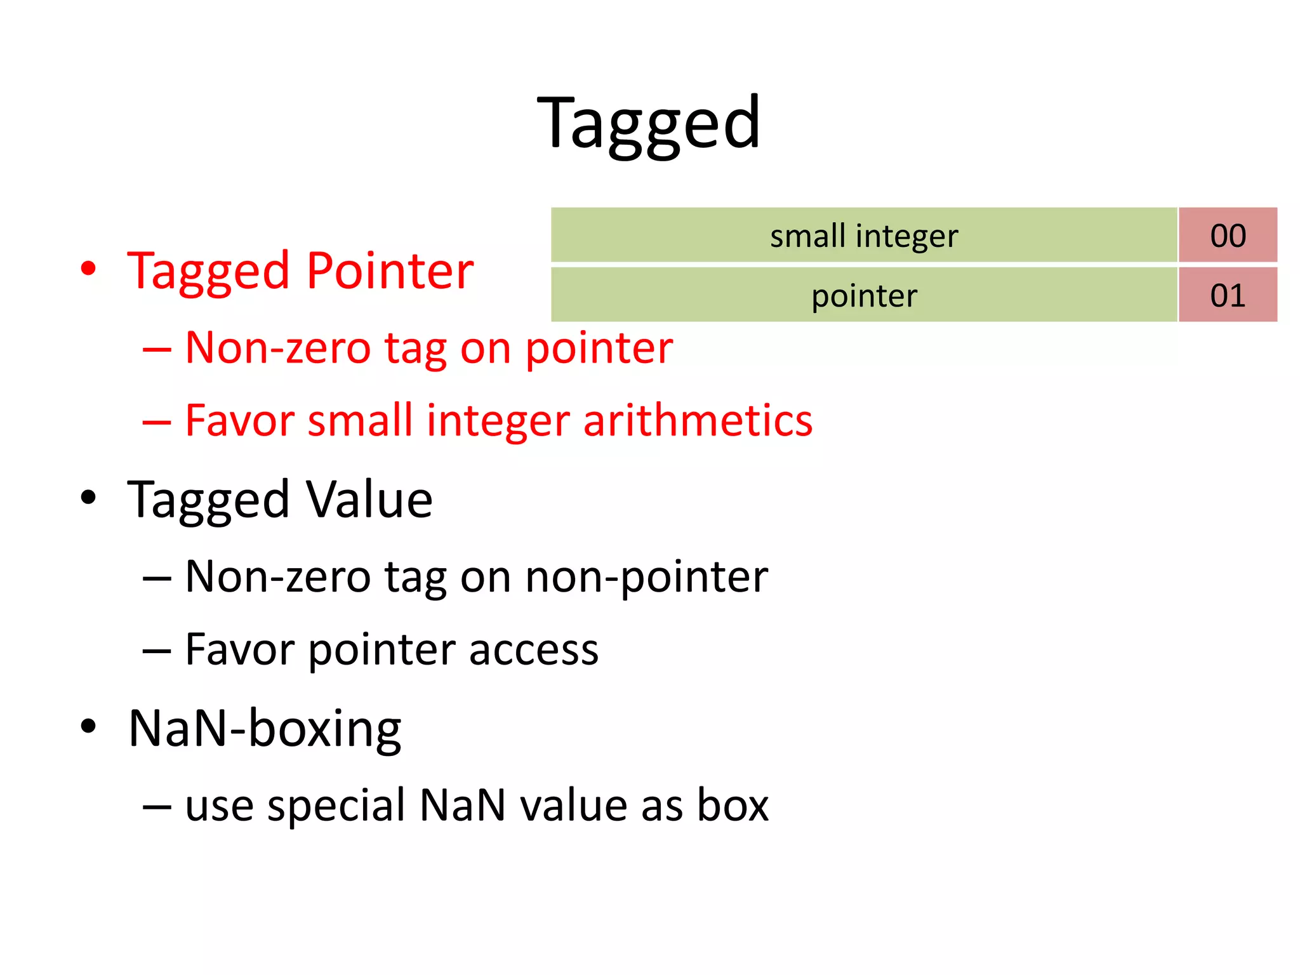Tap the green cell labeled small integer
tap(863, 235)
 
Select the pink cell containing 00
tap(1228, 235)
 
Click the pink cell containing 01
tap(1228, 295)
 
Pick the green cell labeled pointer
tap(863, 295)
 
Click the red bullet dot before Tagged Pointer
tap(88, 269)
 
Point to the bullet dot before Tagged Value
tap(88, 498)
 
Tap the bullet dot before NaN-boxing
tap(88, 726)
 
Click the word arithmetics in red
tap(698, 420)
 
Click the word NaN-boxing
tap(265, 729)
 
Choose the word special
tap(336, 805)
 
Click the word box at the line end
tap(733, 805)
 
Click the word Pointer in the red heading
tap(390, 271)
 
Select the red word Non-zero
tap(277, 348)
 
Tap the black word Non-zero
tap(277, 577)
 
